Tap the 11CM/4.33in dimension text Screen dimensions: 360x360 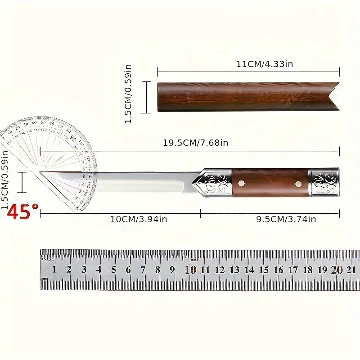coord(265,64)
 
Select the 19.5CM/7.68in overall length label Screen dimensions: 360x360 coord(195,143)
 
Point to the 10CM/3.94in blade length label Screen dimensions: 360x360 coord(139,219)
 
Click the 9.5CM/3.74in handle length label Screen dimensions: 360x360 coord(286,219)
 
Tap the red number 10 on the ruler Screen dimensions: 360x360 coord(191,270)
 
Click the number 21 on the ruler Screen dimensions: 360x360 coord(351,270)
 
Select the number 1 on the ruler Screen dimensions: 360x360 coord(54,270)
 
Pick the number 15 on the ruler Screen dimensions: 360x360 coord(264,270)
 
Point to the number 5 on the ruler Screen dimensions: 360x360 coord(113,270)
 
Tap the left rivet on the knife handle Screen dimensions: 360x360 coord(242,183)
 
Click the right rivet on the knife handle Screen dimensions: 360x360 coord(297,183)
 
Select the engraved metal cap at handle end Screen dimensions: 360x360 coord(324,183)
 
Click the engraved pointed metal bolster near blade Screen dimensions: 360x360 coord(214,183)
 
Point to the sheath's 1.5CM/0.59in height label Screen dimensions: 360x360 coord(128,94)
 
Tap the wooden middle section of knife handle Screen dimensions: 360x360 coord(270,183)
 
